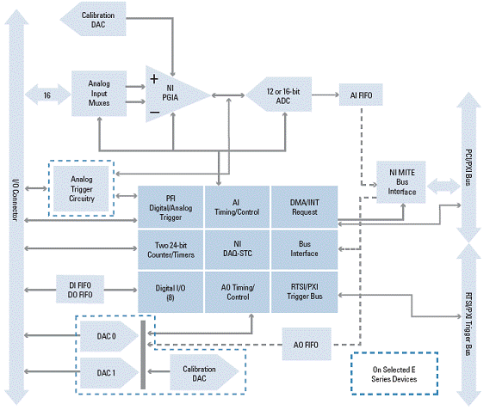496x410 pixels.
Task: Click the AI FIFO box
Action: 361,95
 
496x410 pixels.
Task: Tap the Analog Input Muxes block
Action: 99,94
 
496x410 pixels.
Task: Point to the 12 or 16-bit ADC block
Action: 279,95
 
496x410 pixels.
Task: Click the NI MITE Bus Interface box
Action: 401,182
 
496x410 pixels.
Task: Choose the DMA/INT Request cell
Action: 304,207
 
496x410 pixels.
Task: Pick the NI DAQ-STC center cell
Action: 238,249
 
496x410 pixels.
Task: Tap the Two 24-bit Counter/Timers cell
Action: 170,249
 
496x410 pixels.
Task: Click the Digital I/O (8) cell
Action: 170,292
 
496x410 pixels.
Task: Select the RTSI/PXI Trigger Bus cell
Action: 304,292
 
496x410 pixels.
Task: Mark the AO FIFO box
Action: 307,345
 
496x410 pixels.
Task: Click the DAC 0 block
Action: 108,336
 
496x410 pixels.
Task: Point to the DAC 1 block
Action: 108,373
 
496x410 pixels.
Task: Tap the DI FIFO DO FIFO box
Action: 80,290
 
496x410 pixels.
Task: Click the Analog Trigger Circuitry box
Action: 81,188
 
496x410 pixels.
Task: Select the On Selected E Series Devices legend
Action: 394,374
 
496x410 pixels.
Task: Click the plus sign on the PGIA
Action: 154,79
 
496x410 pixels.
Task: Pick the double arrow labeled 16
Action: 47,95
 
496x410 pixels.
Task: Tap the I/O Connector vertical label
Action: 15,200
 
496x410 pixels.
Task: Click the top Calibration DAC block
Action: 94,19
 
